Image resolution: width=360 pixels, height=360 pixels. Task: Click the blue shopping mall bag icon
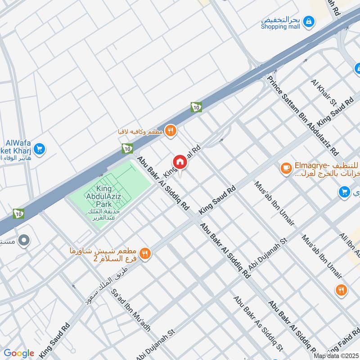click(309, 21)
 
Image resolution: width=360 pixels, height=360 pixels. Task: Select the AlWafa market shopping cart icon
click(39, 148)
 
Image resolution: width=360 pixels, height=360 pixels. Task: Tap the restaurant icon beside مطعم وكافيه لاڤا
click(171, 131)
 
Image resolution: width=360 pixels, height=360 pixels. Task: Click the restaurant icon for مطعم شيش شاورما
click(144, 254)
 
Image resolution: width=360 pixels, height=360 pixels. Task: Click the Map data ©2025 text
click(335, 355)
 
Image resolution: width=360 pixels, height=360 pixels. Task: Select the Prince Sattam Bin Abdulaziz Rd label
click(302, 115)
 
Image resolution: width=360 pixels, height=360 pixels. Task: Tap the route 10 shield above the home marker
click(196, 107)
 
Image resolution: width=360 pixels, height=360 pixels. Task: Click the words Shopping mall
click(280, 27)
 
